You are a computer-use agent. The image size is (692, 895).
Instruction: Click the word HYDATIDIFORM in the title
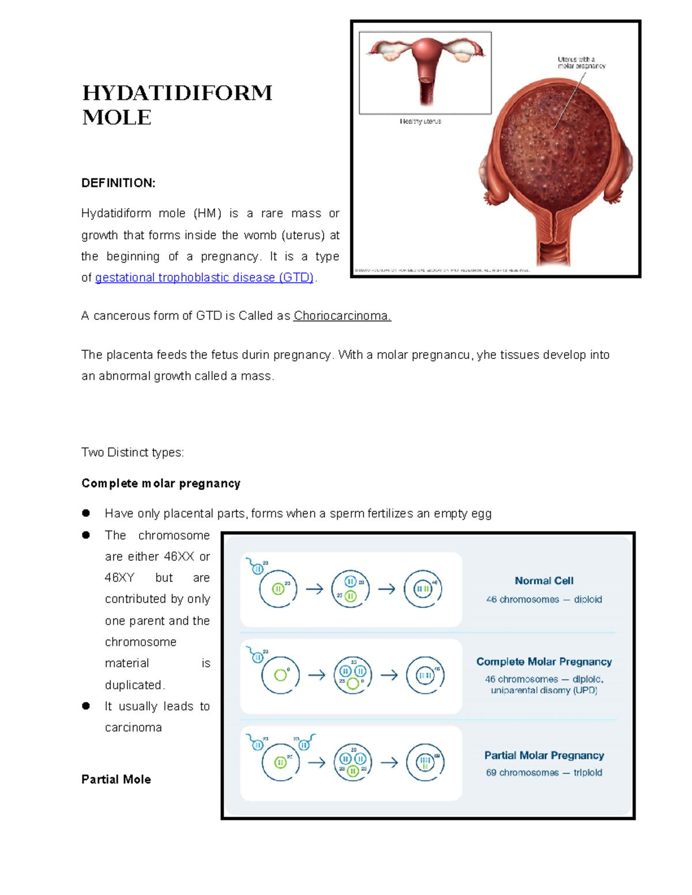point(177,93)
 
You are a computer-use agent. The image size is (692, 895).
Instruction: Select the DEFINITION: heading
point(118,183)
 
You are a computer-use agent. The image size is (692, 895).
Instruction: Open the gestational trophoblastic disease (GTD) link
point(204,278)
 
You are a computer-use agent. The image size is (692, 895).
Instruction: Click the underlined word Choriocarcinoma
point(342,316)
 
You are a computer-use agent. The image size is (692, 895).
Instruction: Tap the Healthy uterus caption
point(420,122)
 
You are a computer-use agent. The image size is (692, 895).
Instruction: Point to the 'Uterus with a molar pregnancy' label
point(581,63)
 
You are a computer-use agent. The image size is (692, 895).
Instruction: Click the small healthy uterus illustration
point(426,71)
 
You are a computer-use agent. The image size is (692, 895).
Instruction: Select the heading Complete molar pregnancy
point(161,484)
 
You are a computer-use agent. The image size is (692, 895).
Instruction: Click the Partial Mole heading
point(116,780)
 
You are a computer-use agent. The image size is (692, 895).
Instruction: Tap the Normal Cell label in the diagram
point(544,581)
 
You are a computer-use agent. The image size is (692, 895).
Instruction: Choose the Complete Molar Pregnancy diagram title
point(544,662)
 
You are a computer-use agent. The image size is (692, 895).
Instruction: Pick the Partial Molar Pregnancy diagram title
point(544,756)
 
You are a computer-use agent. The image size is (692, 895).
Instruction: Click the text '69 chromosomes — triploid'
point(544,773)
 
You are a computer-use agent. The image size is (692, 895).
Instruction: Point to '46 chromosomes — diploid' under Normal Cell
point(544,599)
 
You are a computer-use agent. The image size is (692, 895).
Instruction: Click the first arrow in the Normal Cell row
point(314,589)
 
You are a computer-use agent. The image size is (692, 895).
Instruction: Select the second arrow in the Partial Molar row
point(390,762)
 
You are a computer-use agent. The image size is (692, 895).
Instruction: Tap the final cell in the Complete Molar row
point(425,675)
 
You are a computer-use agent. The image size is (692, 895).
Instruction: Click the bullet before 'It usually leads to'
point(86,706)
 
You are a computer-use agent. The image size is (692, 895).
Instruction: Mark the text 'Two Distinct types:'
point(133,452)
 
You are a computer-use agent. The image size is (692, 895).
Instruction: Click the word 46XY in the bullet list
point(120,578)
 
